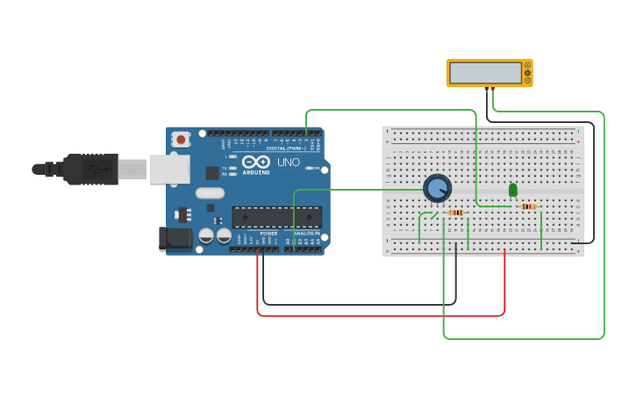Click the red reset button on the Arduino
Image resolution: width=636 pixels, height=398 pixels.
click(181, 139)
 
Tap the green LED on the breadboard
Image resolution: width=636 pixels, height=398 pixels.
click(513, 189)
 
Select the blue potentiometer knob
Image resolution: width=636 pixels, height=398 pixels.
click(437, 187)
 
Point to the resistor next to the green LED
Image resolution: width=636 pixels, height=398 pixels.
click(528, 206)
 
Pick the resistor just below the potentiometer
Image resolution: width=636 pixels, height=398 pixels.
click(455, 213)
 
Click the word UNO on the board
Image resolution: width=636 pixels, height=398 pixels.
click(289, 163)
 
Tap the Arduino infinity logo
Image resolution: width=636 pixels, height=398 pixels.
click(256, 163)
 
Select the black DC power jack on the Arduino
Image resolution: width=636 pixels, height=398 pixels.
click(174, 237)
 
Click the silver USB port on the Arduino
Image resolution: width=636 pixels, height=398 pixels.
click(169, 169)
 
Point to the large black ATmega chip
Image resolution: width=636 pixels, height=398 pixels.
click(276, 217)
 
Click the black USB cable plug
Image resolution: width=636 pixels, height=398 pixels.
click(88, 169)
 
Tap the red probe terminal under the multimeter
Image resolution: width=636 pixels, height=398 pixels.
click(493, 90)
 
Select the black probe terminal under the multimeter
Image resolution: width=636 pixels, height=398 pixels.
click(486, 90)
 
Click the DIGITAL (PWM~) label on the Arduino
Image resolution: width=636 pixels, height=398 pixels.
click(286, 148)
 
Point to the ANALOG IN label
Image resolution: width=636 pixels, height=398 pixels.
click(304, 234)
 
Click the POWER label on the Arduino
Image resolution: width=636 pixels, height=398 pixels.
click(268, 234)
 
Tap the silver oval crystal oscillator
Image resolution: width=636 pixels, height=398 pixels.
click(211, 193)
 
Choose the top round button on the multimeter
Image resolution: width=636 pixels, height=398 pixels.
click(526, 65)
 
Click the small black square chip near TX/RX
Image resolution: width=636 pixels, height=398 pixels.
click(211, 173)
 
